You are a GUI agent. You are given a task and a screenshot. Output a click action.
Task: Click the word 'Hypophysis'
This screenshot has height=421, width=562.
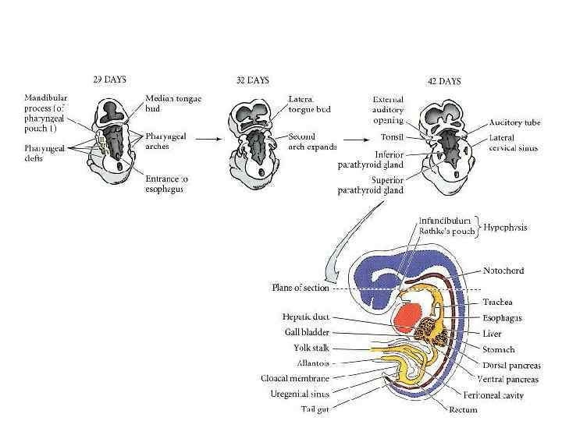pos(503,228)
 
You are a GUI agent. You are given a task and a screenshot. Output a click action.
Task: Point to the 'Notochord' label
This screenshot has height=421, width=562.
pos(503,271)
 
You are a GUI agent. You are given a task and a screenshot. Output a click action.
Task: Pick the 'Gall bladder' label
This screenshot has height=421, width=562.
pos(308,331)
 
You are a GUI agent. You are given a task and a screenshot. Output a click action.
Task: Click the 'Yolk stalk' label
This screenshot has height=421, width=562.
pos(313,347)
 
